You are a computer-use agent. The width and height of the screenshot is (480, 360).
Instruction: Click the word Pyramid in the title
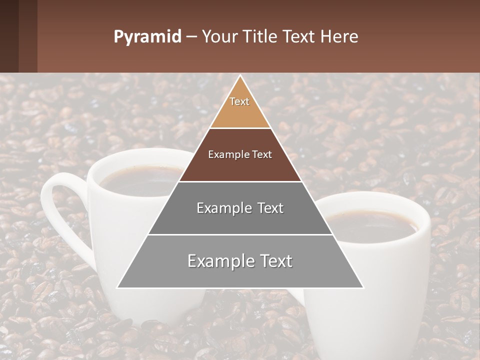(147, 37)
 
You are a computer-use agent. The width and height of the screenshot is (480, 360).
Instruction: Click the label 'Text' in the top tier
(239, 101)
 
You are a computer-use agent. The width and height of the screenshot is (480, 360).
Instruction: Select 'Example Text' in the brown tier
(240, 154)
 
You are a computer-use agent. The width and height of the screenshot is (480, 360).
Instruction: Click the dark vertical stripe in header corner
(28, 36)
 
